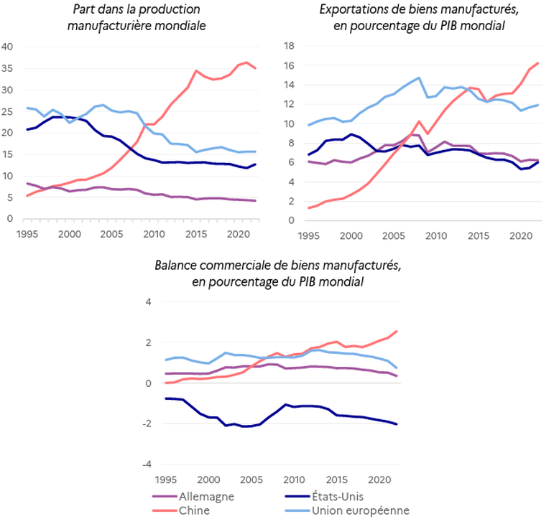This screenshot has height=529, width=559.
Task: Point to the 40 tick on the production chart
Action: [x=9, y=47]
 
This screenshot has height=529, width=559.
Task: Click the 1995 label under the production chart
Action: [x=27, y=234]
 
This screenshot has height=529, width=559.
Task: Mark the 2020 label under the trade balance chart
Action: [x=379, y=479]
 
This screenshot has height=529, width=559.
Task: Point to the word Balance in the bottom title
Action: [x=175, y=266]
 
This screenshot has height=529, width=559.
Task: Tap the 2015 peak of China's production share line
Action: [x=196, y=70]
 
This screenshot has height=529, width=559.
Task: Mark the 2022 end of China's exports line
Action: [x=538, y=63]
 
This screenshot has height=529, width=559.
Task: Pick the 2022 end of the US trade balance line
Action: [x=397, y=424]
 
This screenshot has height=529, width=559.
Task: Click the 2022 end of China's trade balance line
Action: [x=397, y=331]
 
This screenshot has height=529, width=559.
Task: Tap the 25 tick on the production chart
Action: [x=9, y=112]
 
